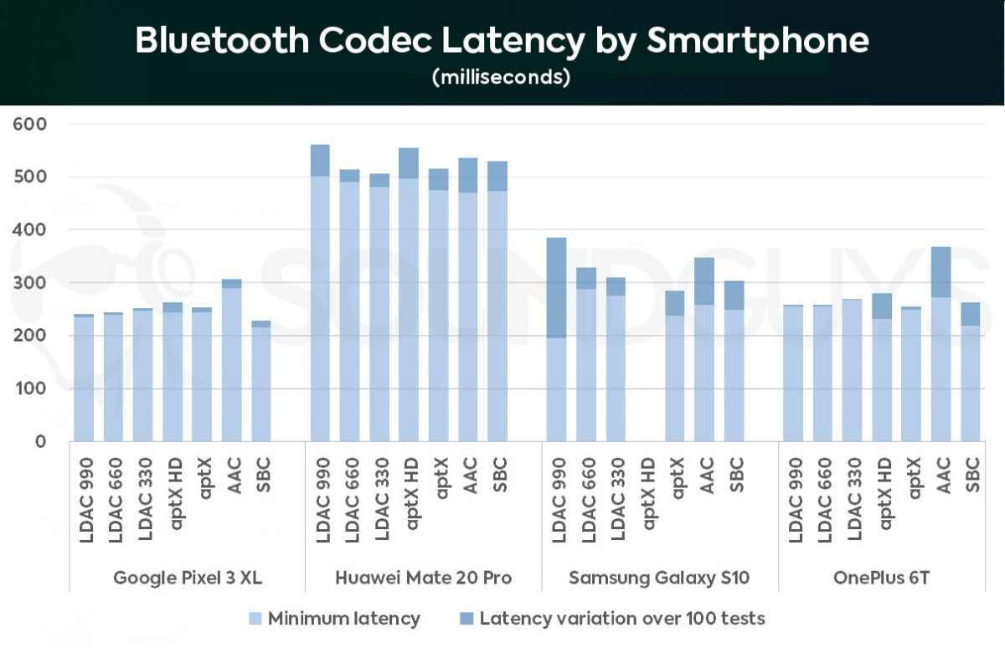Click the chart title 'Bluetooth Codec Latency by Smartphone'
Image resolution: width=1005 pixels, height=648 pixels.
pos(502,41)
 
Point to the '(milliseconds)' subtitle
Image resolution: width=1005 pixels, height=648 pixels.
pos(502,78)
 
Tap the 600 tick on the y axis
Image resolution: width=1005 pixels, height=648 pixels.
pos(30,124)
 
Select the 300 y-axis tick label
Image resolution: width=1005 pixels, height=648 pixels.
pos(30,283)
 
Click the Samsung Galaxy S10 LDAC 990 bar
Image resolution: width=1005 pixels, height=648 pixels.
pos(556,339)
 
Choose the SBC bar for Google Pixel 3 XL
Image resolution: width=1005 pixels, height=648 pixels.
pos(261,381)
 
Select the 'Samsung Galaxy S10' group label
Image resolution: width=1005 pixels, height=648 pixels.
pos(658,578)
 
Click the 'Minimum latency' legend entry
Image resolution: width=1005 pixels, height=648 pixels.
pos(343,619)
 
